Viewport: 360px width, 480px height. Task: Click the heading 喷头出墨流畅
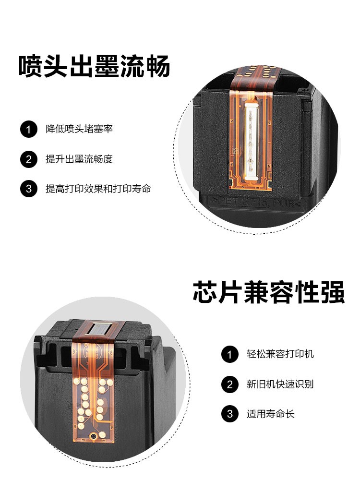94,66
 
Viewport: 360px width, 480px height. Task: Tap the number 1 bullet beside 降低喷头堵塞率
29,129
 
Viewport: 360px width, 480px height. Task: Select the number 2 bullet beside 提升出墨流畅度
29,159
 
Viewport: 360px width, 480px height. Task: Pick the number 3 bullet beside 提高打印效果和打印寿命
29,189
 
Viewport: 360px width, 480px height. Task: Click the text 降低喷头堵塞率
79,129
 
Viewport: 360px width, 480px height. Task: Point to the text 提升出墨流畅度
79,159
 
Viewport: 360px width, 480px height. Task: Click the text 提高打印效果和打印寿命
98,189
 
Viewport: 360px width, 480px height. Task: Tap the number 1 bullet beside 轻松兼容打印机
230,355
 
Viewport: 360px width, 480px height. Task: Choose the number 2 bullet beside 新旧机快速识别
230,384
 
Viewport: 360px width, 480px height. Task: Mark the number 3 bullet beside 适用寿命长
230,414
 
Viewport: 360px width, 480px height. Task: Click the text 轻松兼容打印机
280,354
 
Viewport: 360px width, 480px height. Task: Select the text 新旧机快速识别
280,384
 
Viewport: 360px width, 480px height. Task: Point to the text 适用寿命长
271,414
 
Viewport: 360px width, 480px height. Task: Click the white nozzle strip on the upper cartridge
251,141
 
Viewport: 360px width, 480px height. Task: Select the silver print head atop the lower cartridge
98,330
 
